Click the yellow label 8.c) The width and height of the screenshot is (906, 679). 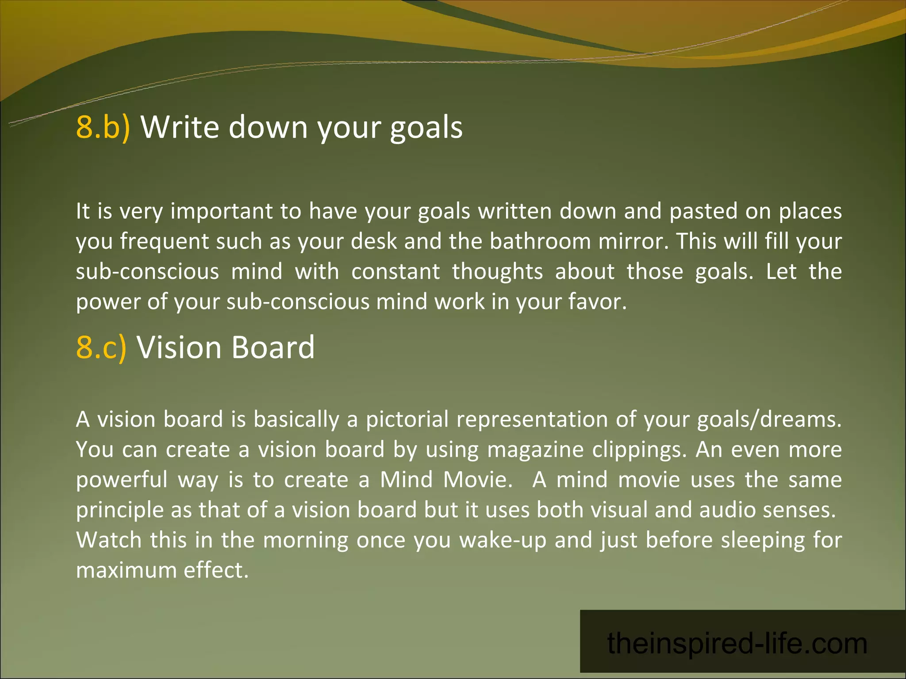tap(101, 347)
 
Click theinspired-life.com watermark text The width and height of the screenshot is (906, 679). tap(737, 643)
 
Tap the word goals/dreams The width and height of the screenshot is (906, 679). tap(769, 420)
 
